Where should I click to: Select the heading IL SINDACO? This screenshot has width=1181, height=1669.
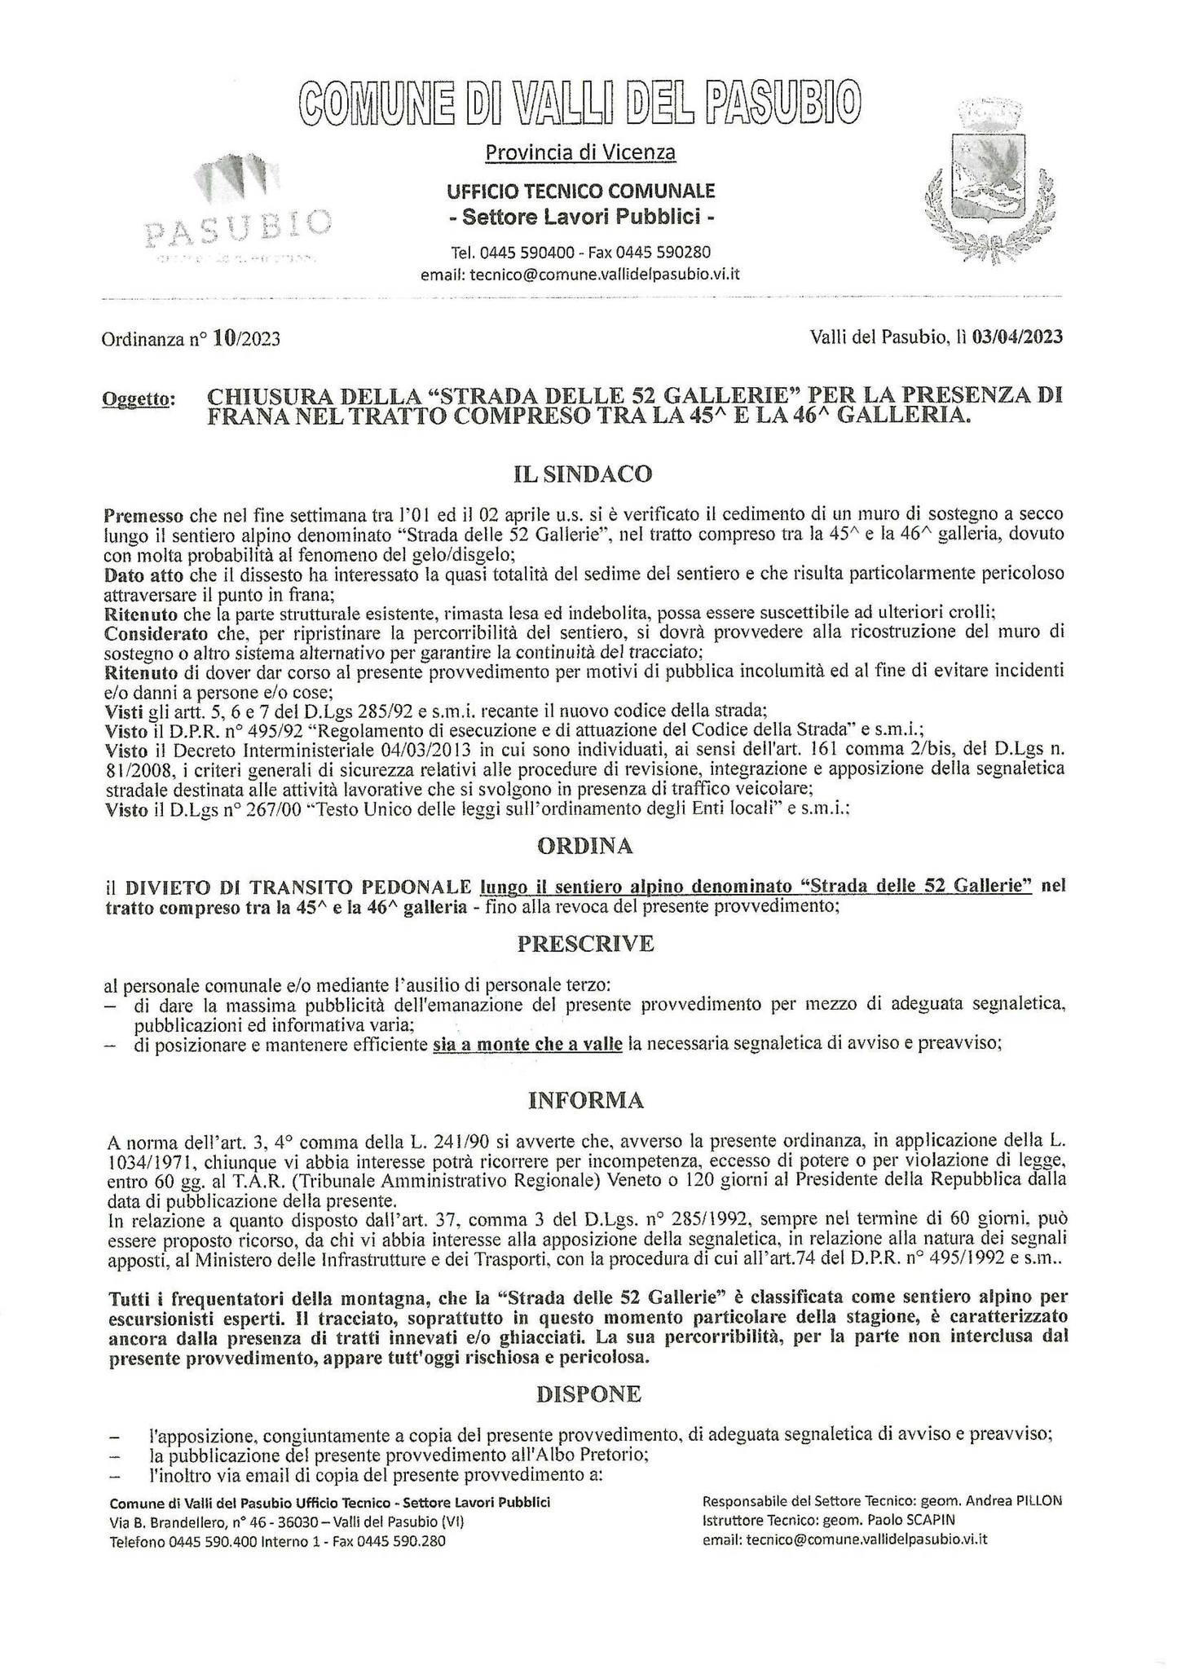584,473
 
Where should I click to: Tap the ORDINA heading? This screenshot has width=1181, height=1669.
584,846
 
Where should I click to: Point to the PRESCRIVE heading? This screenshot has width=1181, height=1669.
585,944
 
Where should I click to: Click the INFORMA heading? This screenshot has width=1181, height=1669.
585,1101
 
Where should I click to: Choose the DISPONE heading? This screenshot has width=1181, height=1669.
588,1394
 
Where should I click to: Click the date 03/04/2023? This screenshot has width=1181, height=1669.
1017,337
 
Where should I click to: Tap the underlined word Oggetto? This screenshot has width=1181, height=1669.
139,399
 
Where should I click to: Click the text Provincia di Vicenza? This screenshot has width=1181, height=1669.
580,152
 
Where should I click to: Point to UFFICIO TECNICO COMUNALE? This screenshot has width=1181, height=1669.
580,191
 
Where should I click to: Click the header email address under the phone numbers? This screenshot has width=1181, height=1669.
580,274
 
